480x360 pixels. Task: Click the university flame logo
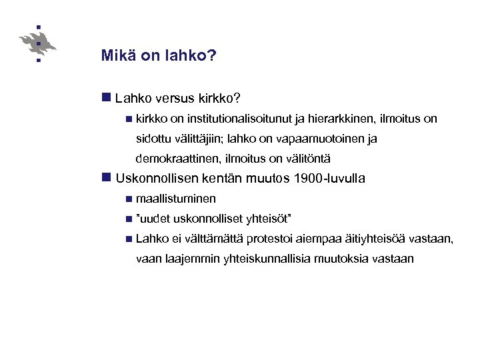38,44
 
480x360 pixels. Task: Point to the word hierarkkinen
343,119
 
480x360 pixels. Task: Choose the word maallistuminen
175,199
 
